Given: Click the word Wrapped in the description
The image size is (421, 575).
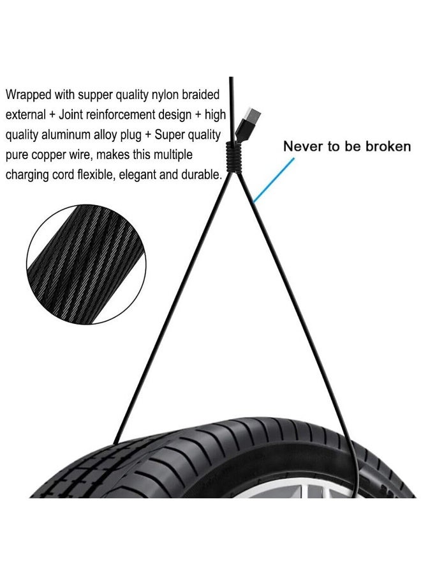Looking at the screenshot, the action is (29, 95).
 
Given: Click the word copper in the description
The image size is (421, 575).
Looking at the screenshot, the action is (48, 155).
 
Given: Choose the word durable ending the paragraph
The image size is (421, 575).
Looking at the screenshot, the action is (200, 174).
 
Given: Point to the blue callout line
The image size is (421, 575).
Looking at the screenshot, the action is (274, 180).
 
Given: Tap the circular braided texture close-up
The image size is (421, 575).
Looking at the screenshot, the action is (86, 264).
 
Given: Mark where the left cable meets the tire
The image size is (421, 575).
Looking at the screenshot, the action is (115, 443).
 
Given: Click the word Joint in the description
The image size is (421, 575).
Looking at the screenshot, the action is (71, 115).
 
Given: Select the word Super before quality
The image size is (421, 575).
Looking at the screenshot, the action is (170, 135).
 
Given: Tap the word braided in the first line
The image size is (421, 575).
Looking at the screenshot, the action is (201, 95).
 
